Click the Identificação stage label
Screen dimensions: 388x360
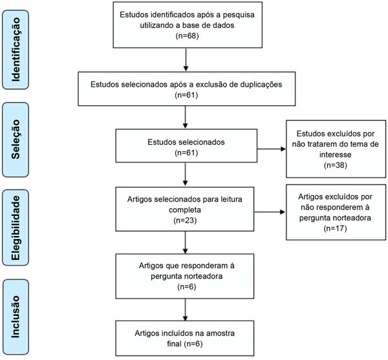(x=16, y=50)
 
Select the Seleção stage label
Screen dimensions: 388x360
(x=16, y=139)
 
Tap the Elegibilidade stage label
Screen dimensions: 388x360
(x=16, y=228)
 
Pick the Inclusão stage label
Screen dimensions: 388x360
(x=16, y=317)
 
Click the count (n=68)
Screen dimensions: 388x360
(x=188, y=36)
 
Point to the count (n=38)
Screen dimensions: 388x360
(x=336, y=165)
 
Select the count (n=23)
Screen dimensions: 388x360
(x=185, y=220)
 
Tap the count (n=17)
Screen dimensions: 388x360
(x=335, y=228)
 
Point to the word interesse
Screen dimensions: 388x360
(x=335, y=154)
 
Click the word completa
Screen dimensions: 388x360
(x=185, y=210)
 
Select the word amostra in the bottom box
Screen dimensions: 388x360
(x=221, y=334)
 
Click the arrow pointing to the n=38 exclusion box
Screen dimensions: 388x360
(x=272, y=149)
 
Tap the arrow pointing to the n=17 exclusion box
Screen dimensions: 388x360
(x=270, y=212)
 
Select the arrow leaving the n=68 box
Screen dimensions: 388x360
(x=186, y=59)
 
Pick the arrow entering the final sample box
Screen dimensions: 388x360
(x=186, y=310)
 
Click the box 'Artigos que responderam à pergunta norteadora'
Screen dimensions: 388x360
(x=185, y=276)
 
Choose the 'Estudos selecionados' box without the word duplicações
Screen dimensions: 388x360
(x=186, y=145)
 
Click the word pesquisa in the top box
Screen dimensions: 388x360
(x=239, y=15)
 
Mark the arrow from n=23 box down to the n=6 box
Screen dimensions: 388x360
(x=186, y=242)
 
